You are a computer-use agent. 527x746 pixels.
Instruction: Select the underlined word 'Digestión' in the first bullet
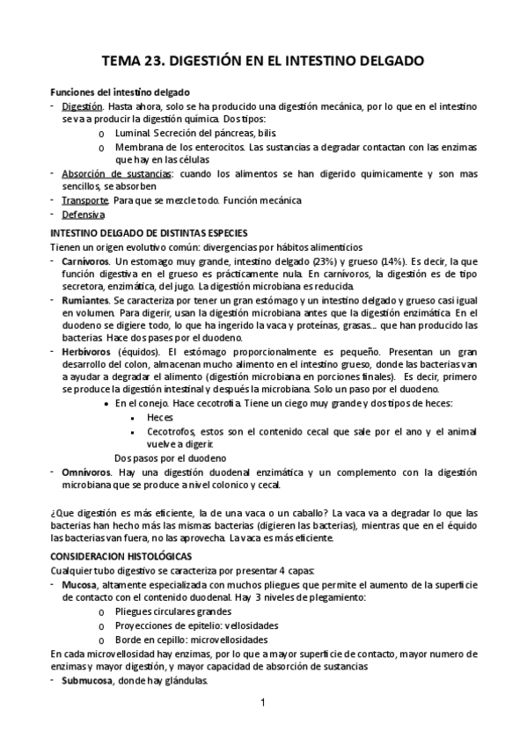coord(84,106)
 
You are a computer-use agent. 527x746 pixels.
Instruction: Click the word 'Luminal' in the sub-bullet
coord(132,132)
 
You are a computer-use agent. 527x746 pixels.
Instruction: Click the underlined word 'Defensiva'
coord(84,214)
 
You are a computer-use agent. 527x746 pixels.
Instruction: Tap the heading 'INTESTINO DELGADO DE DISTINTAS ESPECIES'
coord(150,232)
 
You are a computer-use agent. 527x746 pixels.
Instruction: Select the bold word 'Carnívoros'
coord(86,261)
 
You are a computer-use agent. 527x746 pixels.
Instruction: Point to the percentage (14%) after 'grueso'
coord(392,261)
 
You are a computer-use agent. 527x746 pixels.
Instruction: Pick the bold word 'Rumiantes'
coord(86,300)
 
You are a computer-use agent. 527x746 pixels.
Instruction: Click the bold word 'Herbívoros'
coord(87,351)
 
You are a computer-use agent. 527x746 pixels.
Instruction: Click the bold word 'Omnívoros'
coord(86,472)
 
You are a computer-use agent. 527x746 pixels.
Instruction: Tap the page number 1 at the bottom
coord(262,704)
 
